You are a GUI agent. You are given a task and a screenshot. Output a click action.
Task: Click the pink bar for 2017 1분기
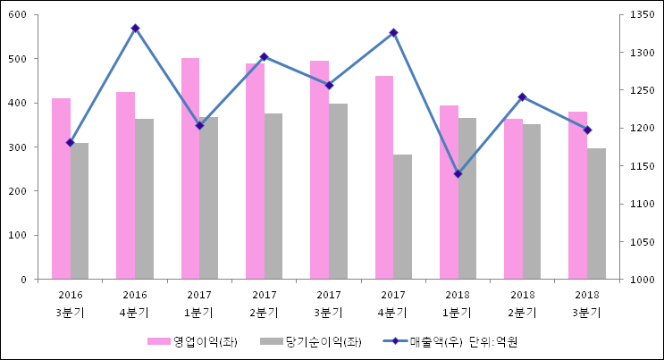[x=190, y=168]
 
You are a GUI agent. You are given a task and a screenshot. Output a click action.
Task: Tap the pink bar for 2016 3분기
[x=61, y=188]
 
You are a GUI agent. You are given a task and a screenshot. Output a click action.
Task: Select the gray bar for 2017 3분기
[x=338, y=191]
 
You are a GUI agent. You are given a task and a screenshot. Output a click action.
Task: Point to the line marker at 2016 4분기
[x=135, y=29]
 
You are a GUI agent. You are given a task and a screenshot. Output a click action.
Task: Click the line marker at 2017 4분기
[x=393, y=33]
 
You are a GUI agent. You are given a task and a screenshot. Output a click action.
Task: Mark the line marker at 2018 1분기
[x=458, y=173]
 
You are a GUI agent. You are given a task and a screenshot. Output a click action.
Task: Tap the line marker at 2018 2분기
[x=522, y=96]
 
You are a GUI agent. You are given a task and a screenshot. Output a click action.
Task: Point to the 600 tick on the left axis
[x=18, y=15]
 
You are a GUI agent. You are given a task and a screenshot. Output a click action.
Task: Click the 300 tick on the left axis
[x=18, y=147]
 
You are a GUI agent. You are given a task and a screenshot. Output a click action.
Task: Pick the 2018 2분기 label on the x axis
[x=522, y=304]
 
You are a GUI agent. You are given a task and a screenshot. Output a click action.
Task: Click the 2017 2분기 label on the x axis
[x=264, y=304]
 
